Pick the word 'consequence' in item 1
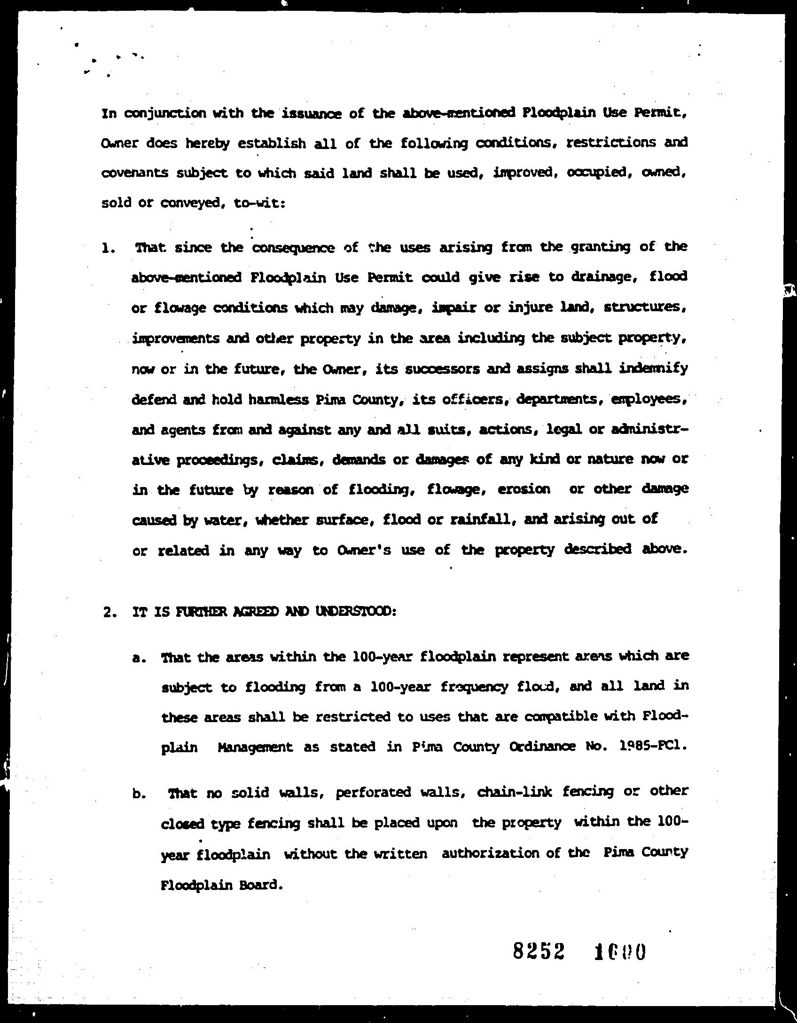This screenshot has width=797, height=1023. (294, 247)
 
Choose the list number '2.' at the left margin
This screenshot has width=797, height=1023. (109, 613)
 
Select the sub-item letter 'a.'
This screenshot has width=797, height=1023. (138, 659)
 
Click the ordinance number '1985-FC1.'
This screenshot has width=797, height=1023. (651, 747)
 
